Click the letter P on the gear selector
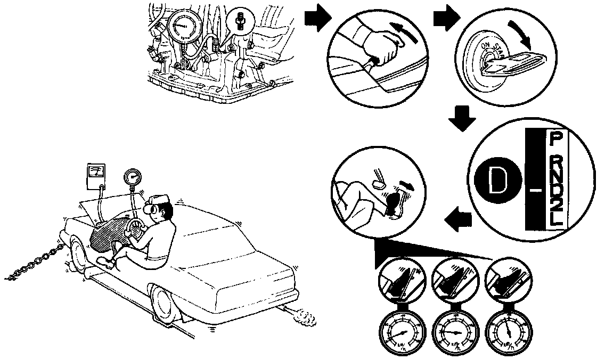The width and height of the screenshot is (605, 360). pyautogui.click(x=554, y=141)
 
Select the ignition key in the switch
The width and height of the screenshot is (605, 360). pyautogui.click(x=506, y=63)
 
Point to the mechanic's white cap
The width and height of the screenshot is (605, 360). pyautogui.click(x=158, y=200)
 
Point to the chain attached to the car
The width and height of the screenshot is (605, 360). pyautogui.click(x=35, y=264)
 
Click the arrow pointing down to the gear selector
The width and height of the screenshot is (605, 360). pyautogui.click(x=461, y=118)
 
